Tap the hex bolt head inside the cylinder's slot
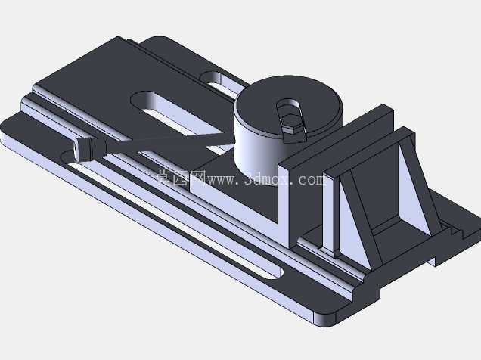point(290,122)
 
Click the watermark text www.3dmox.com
point(265,179)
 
